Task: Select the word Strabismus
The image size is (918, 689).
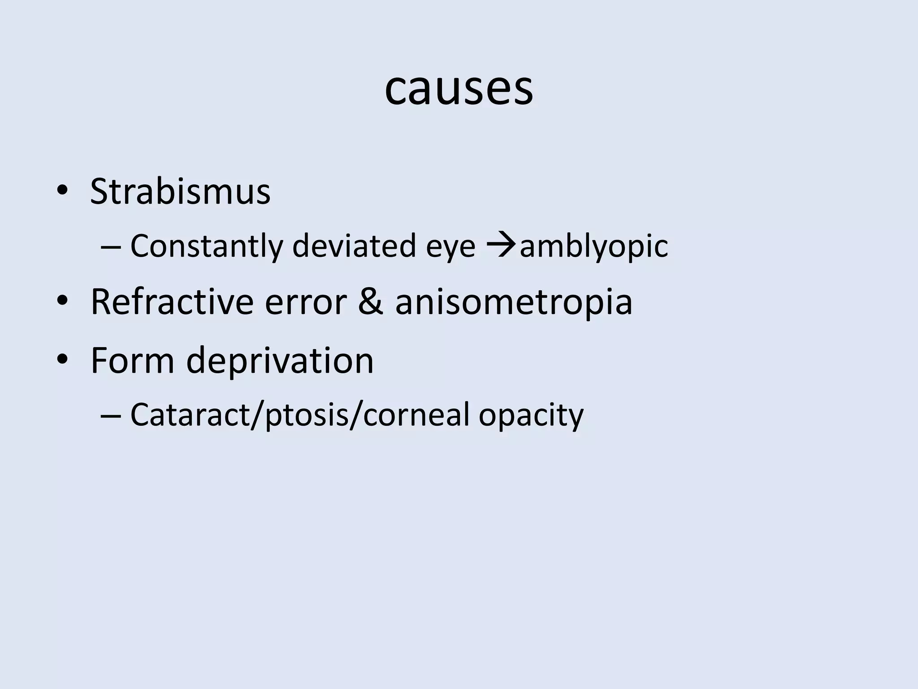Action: point(180,192)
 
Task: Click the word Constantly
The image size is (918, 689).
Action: point(207,246)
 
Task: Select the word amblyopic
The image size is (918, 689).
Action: point(593,247)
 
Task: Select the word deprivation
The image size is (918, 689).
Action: point(279,361)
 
